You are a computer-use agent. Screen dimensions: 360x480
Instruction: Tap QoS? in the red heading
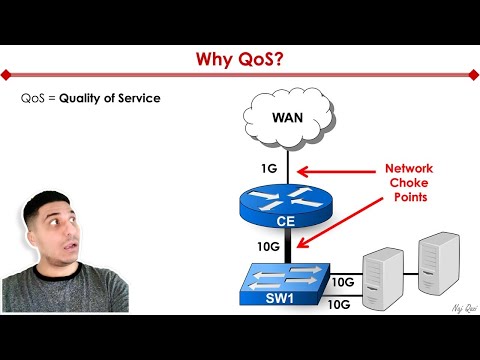259,62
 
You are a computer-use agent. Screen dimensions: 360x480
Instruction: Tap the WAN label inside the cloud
288,118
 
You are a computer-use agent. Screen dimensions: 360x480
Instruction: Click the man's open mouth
54,262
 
